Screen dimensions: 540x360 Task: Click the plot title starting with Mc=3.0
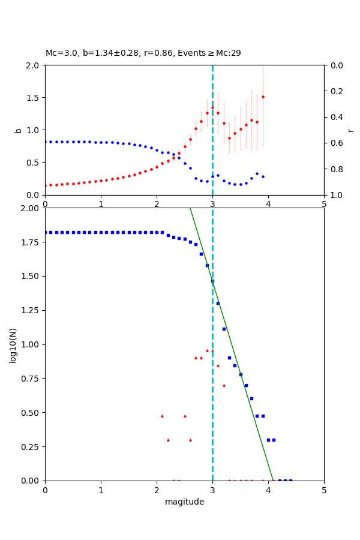coord(143,53)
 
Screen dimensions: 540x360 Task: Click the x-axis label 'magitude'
coord(184,502)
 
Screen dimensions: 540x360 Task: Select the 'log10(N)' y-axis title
coord(13,344)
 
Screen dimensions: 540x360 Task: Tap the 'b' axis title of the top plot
coord(18,130)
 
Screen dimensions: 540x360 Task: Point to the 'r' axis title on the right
coord(350,130)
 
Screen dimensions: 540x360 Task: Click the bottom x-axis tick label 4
coord(268,490)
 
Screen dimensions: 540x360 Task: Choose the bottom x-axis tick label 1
coord(101,490)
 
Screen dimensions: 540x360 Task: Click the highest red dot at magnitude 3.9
coord(263,97)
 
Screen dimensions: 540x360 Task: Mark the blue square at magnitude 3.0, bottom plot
coord(212,281)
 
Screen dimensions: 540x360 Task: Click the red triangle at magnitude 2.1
coord(162,416)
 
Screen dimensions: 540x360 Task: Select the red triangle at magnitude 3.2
coord(224,385)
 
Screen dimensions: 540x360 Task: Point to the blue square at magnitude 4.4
coord(290,481)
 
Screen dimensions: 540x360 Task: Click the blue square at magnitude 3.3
coord(229,358)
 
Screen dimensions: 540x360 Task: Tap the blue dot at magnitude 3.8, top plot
coord(257,173)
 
